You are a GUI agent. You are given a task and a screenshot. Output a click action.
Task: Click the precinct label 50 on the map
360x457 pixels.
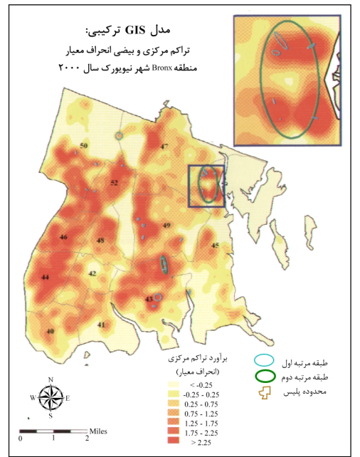[83, 146]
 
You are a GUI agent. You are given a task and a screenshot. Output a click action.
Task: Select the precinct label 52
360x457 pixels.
[114, 183]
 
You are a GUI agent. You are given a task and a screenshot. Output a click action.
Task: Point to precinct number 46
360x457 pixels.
[64, 237]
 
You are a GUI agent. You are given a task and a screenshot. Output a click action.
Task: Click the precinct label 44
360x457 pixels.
[46, 277]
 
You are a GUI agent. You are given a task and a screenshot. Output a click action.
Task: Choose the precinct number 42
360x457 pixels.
[92, 273]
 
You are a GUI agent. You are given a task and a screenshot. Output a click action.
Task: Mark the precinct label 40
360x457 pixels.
[50, 332]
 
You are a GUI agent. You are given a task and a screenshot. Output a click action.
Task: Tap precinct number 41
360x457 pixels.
[102, 325]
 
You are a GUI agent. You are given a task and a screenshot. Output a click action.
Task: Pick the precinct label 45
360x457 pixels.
[215, 245]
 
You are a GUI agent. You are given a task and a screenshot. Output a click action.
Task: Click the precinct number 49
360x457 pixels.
[167, 226]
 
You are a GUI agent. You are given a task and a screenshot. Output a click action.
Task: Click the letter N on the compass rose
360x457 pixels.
[51, 379]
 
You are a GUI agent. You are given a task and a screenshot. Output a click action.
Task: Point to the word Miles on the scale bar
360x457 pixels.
[98, 431]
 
